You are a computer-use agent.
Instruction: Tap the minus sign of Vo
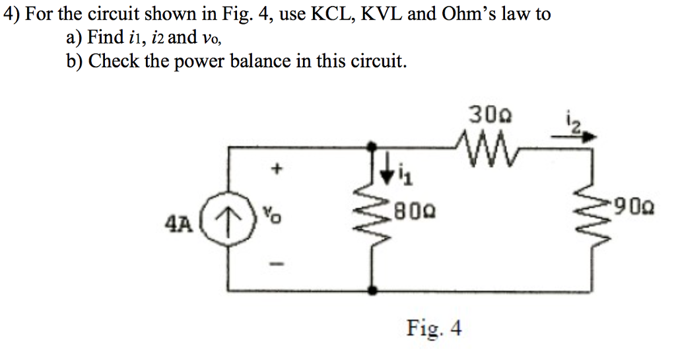pyautogui.click(x=278, y=266)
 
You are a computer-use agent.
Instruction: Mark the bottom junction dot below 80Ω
pyautogui.click(x=374, y=289)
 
